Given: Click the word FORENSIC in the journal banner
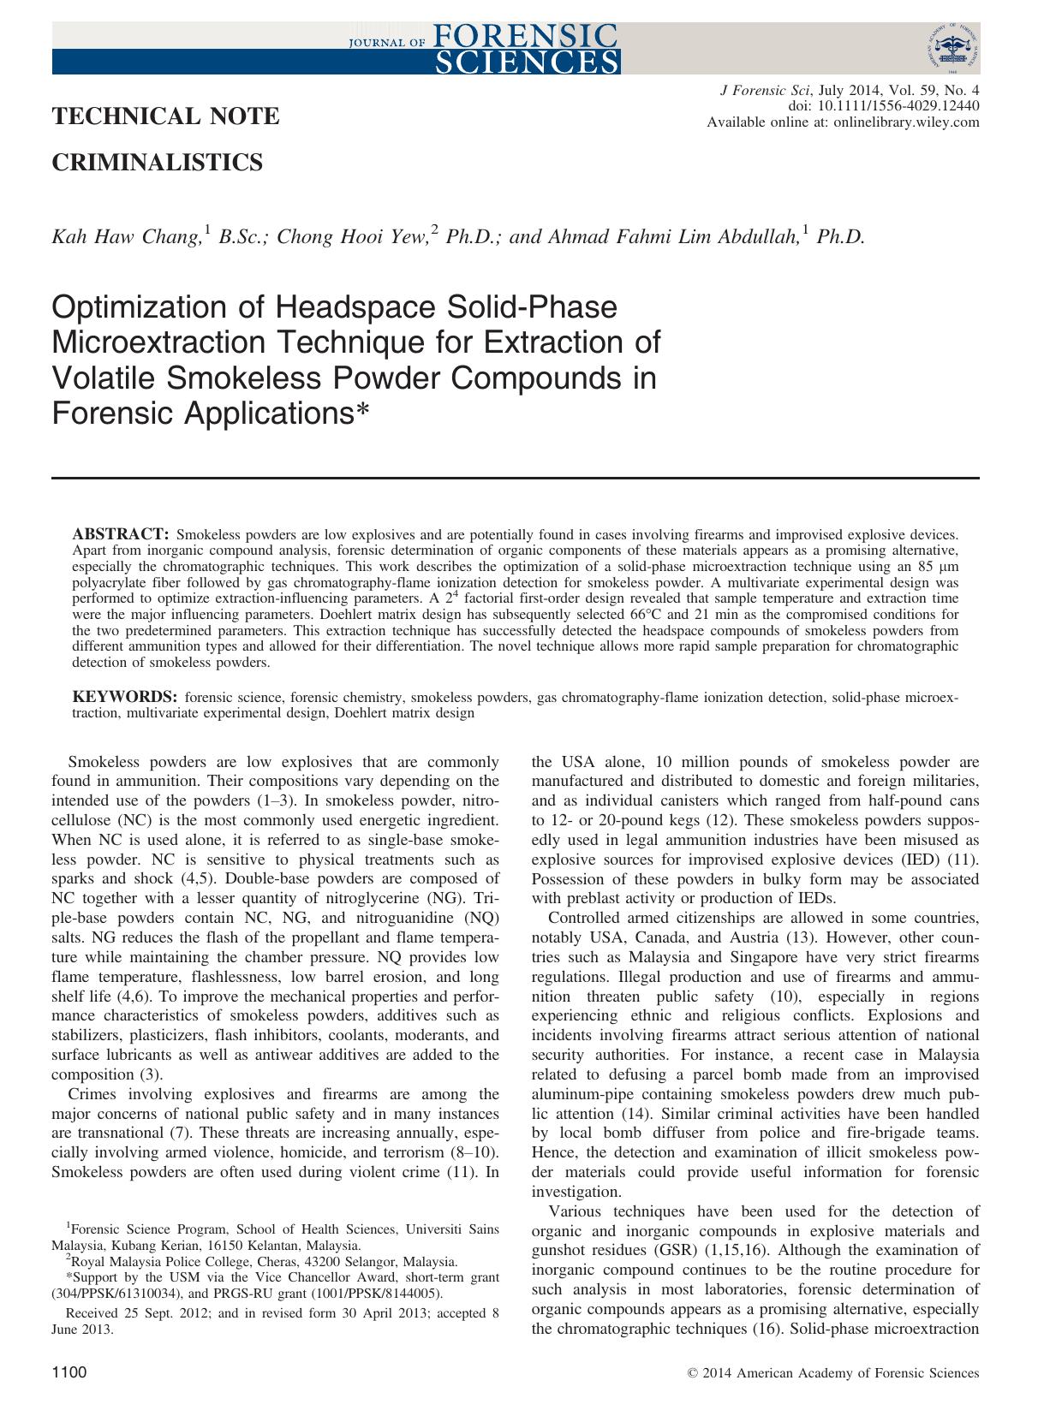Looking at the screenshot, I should coord(526,35).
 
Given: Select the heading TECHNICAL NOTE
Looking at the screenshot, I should coord(165,116).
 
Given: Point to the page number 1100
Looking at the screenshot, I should coord(69,1372).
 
